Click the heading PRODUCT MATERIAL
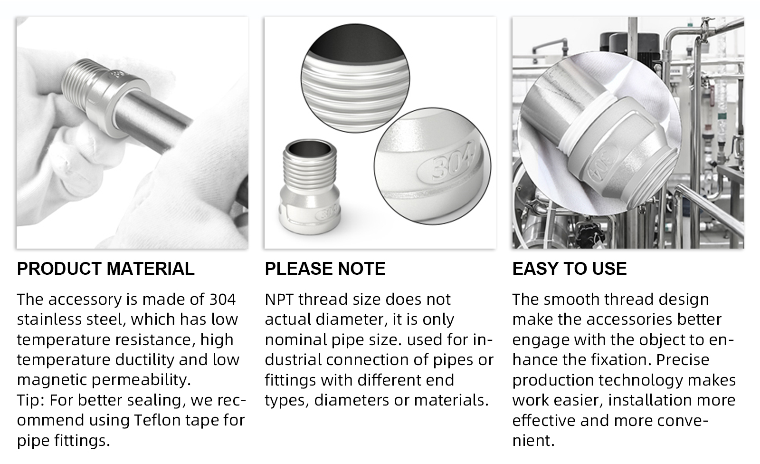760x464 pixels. point(105,269)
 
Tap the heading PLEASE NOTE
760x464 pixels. point(325,269)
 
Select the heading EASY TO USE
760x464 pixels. point(569,269)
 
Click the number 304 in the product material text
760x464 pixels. point(222,300)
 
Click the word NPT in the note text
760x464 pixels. point(279,300)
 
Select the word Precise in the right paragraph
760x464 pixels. point(683,360)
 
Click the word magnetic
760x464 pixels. point(52,380)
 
